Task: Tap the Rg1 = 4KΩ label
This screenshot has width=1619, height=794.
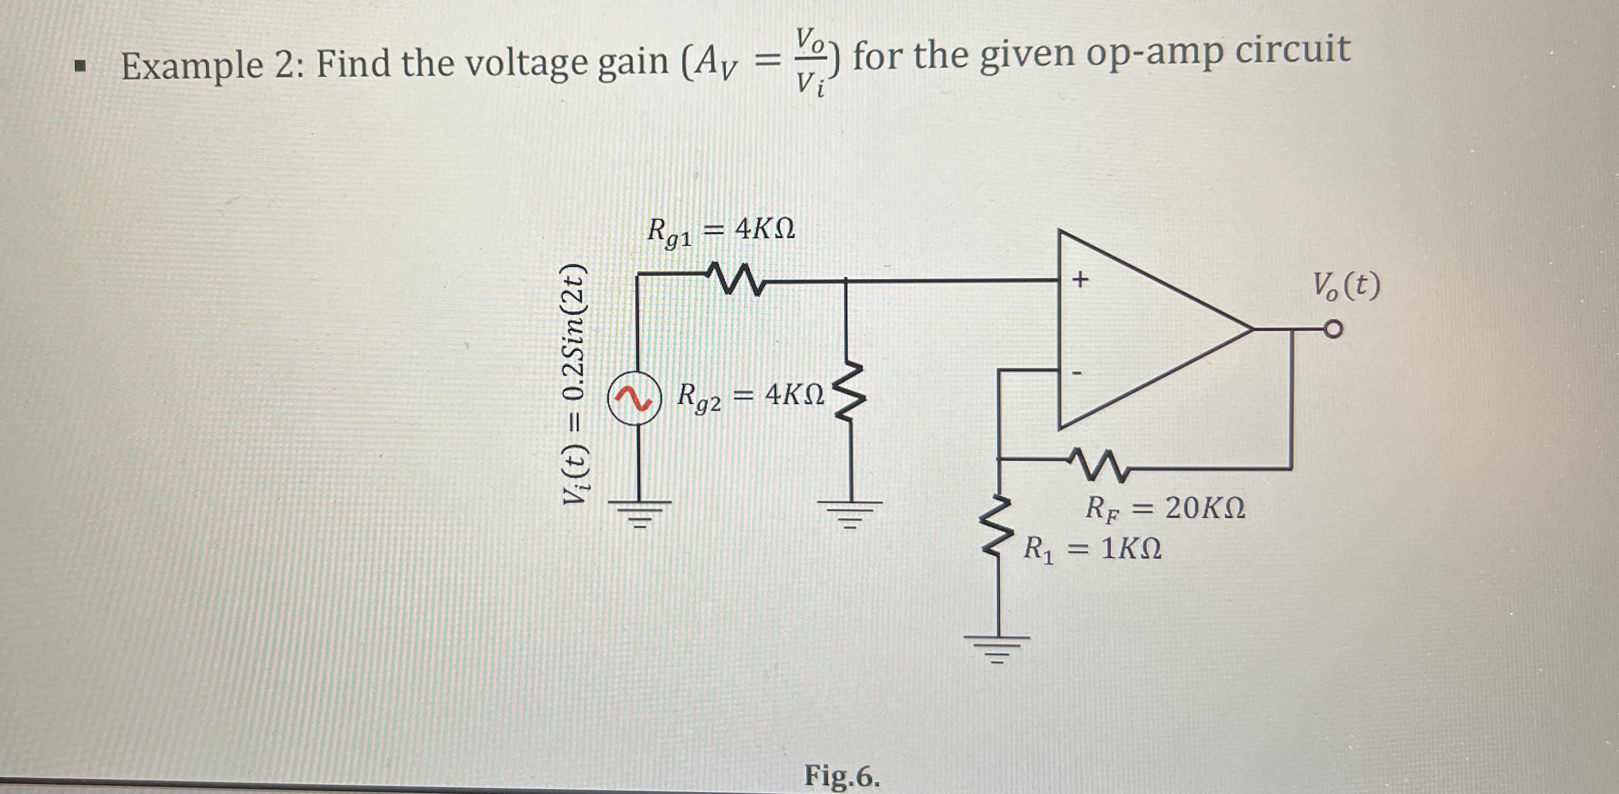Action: (722, 233)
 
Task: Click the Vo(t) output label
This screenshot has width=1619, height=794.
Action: (1347, 287)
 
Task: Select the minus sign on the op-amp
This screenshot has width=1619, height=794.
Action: (1077, 374)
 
